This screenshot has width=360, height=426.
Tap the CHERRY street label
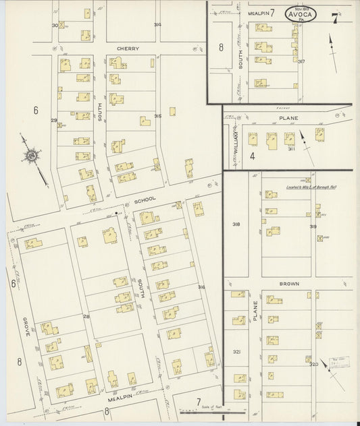(x=127, y=49)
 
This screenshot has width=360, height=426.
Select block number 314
(x=157, y=25)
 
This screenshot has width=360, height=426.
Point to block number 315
(x=157, y=116)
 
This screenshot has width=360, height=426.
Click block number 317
(x=301, y=62)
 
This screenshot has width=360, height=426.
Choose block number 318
(x=236, y=224)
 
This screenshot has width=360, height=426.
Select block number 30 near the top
(x=55, y=25)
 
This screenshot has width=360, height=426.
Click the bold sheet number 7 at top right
(x=335, y=18)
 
